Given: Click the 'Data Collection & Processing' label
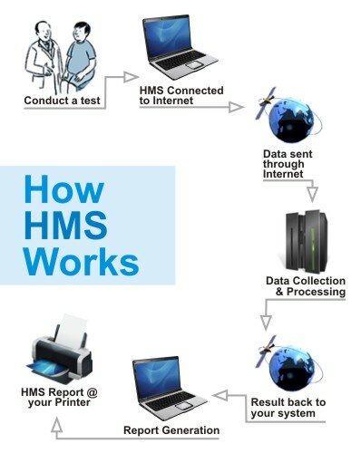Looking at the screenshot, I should [306, 285].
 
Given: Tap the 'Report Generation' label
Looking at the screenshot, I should [171, 429].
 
